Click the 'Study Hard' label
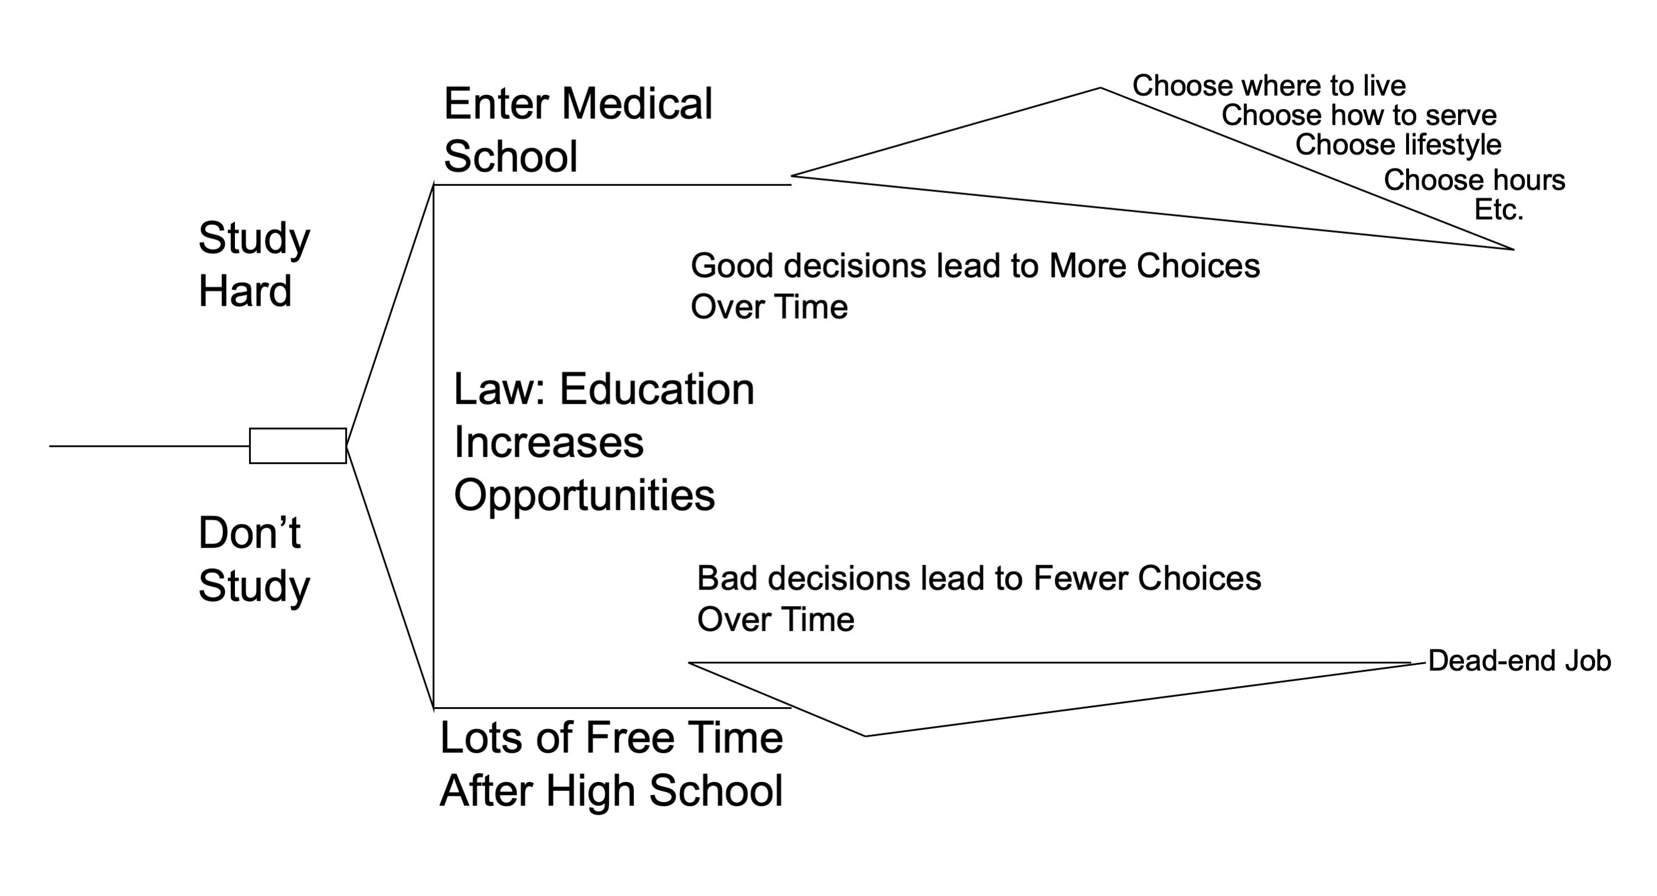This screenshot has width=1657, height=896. point(253,264)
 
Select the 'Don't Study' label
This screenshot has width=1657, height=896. point(253,560)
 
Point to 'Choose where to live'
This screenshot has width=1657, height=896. point(1269,86)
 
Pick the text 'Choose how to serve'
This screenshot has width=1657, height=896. point(1358,115)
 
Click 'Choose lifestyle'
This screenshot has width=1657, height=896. point(1398,145)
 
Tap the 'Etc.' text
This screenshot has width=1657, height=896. point(1498,210)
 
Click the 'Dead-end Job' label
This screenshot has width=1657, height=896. point(1519,660)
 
